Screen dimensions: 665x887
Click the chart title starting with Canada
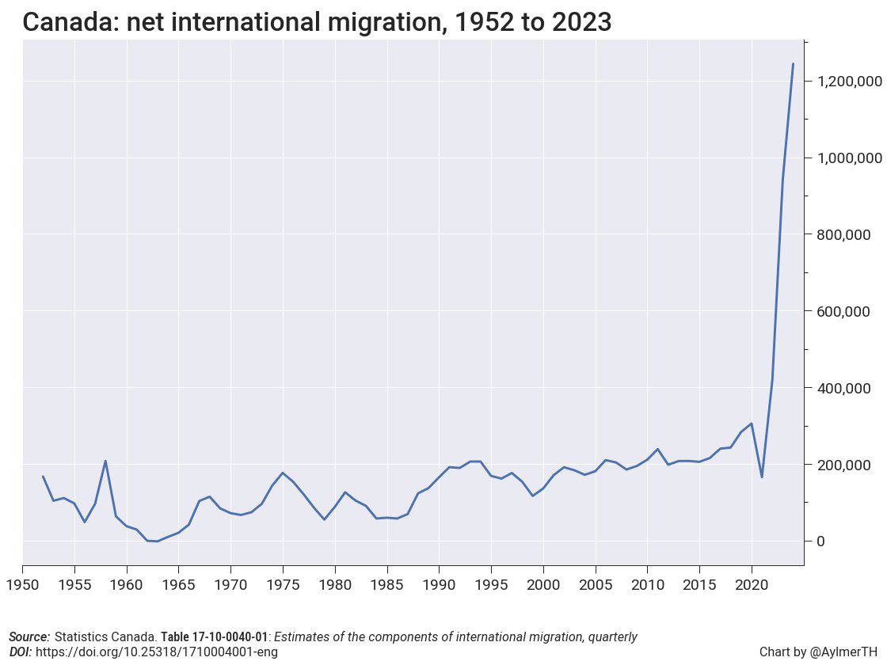click(317, 21)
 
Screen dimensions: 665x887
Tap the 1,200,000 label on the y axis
click(843, 81)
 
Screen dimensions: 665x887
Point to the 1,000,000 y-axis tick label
click(843, 158)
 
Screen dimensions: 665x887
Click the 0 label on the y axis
click(821, 541)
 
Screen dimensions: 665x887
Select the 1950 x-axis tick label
click(22, 585)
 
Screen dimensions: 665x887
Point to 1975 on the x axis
click(283, 585)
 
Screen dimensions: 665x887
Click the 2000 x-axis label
click(543, 585)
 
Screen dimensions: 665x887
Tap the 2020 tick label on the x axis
click(752, 585)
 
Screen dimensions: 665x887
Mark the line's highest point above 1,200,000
click(793, 64)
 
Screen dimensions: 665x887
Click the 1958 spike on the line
click(105, 461)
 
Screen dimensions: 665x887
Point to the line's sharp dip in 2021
click(762, 477)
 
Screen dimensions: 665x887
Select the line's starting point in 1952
click(43, 477)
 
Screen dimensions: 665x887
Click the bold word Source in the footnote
click(29, 637)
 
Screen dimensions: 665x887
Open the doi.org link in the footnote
click(156, 652)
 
